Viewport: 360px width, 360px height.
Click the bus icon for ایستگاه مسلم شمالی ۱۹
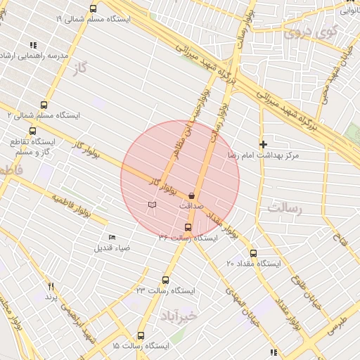point(94,8)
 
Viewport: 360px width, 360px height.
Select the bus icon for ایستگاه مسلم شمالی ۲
point(44,105)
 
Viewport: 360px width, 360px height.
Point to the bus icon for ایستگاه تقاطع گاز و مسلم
point(32,131)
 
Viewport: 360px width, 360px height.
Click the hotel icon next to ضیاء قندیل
point(112,237)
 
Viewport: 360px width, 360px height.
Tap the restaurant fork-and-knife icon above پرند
point(51,286)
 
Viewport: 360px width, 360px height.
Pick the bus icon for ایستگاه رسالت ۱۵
point(141,336)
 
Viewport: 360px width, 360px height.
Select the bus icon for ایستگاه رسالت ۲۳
point(166,280)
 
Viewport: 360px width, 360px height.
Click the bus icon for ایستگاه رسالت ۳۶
point(188,227)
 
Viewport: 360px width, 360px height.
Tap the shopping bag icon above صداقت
point(192,195)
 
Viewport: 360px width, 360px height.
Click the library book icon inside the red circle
point(152,205)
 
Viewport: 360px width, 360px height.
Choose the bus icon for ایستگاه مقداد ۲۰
point(253,253)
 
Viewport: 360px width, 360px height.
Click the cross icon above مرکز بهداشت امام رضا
point(263,143)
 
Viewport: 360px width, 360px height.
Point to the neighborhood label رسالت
point(284,208)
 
